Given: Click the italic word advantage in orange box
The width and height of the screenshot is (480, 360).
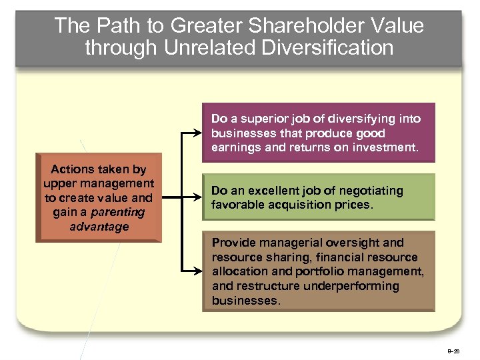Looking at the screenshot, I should (x=99, y=227).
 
